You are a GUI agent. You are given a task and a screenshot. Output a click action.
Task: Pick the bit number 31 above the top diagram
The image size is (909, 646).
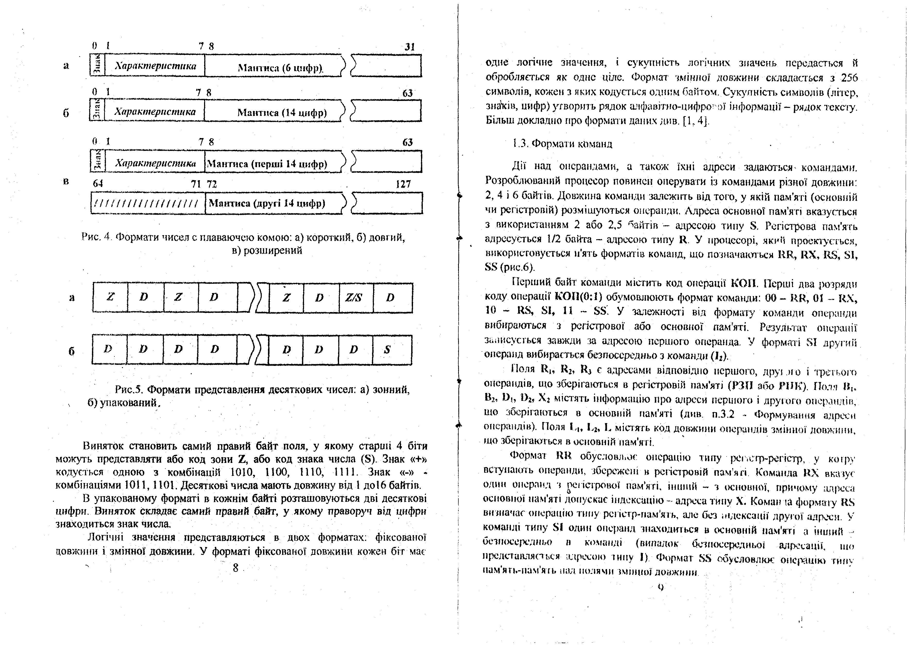(409, 47)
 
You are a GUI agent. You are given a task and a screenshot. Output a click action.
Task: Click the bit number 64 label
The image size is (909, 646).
(97, 184)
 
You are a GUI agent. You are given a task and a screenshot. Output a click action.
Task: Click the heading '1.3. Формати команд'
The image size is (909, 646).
(562, 144)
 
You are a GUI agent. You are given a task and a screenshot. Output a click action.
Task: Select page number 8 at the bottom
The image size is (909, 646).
(235, 568)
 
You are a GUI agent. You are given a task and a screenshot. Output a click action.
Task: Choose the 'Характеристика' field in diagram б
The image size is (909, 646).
(155, 112)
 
